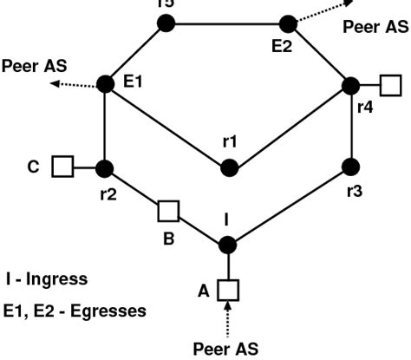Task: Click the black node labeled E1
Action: (105, 83)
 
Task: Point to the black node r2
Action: (105, 167)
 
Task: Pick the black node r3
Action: (350, 166)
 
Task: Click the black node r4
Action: (350, 85)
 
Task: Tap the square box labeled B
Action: (168, 210)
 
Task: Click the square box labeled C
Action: (61, 166)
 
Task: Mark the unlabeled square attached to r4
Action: (392, 85)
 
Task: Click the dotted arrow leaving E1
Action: (74, 84)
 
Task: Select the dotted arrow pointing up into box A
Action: (227, 314)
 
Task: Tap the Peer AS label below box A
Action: (225, 348)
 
